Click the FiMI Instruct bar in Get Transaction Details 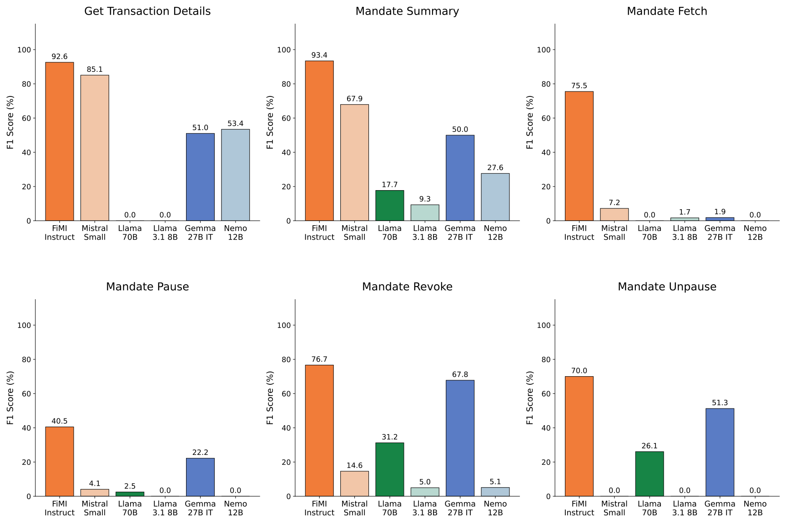tap(60, 141)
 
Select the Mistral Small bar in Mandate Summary tap(354, 162)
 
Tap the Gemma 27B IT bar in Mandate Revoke tap(460, 438)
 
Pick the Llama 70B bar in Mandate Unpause tap(650, 474)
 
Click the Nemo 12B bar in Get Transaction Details tap(235, 175)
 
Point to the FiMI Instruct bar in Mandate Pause tap(60, 461)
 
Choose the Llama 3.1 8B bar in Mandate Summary tap(425, 213)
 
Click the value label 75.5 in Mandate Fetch tap(579, 86)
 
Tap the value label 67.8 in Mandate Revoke tap(460, 374)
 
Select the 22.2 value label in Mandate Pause tap(200, 452)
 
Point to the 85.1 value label tap(95, 70)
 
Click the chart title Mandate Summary tap(407, 11)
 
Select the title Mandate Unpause tap(667, 287)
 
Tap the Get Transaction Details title tap(147, 11)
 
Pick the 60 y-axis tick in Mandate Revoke tap(284, 394)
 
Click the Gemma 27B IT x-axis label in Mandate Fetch tap(720, 233)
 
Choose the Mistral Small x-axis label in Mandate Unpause tap(615, 508)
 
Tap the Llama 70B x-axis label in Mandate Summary tap(390, 233)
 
